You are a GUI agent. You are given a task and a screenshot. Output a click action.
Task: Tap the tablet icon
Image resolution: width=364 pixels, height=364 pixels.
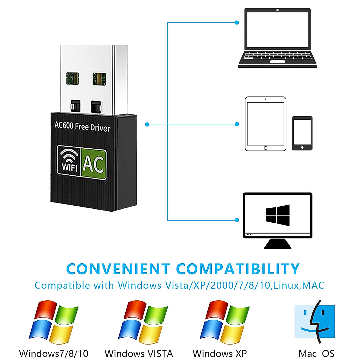(265, 124)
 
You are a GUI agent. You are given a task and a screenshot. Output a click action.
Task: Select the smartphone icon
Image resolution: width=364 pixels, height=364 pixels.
(302, 133)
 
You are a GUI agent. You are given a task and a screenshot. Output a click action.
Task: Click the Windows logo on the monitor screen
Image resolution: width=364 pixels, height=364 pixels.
(278, 215)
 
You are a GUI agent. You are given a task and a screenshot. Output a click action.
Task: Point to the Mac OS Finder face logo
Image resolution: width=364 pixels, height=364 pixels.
(315, 322)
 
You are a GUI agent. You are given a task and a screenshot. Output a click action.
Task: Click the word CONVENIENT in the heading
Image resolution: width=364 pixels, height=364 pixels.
(118, 269)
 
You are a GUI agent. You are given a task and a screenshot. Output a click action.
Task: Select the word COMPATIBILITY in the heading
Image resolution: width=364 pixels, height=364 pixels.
(238, 269)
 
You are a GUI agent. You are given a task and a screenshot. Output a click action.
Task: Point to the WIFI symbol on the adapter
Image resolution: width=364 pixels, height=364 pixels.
(69, 161)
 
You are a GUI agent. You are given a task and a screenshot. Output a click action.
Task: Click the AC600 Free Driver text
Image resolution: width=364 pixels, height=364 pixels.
(82, 126)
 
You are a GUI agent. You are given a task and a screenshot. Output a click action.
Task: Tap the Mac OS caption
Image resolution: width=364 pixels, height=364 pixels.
(316, 353)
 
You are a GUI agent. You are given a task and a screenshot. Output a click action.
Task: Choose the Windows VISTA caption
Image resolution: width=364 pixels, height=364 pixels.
(139, 353)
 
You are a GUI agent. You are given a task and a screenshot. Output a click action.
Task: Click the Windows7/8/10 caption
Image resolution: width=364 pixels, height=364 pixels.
(53, 353)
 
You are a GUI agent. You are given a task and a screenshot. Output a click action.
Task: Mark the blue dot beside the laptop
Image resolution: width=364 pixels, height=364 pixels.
(237, 22)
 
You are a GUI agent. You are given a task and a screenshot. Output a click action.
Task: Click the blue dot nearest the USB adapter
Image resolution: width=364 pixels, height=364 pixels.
(147, 124)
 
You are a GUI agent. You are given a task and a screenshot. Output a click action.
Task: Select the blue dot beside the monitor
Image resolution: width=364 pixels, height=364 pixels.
(237, 220)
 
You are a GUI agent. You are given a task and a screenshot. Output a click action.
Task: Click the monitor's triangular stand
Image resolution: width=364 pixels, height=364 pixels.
(278, 244)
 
